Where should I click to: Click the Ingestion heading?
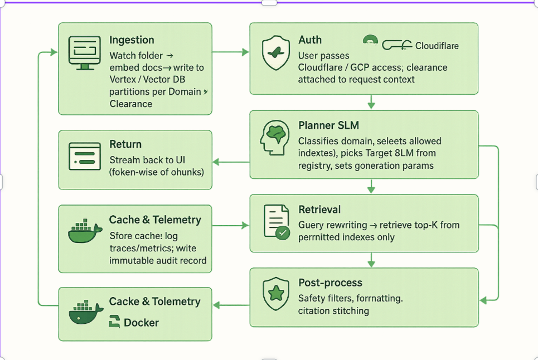(x=132, y=40)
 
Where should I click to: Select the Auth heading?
(x=310, y=40)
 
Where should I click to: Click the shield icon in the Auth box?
(x=275, y=53)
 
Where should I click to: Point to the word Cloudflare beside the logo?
(x=437, y=46)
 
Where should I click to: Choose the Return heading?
(x=125, y=144)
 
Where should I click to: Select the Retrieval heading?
(x=319, y=210)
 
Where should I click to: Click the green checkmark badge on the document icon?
(x=283, y=233)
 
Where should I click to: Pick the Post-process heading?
(x=330, y=283)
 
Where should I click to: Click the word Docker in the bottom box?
(x=141, y=323)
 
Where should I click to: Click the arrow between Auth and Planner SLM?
(x=371, y=103)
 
